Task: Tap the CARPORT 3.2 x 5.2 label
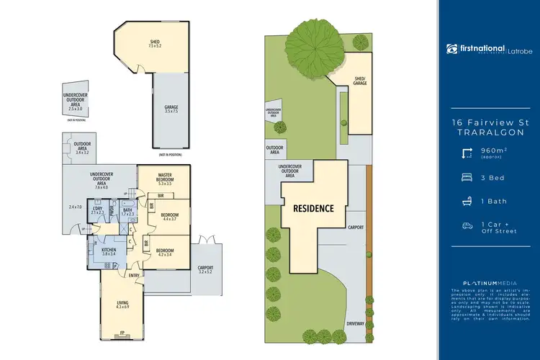coord(207,269)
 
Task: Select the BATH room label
coord(127,211)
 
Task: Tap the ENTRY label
coord(134,275)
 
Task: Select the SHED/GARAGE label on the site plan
coord(360,81)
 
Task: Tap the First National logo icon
coord(451,49)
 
